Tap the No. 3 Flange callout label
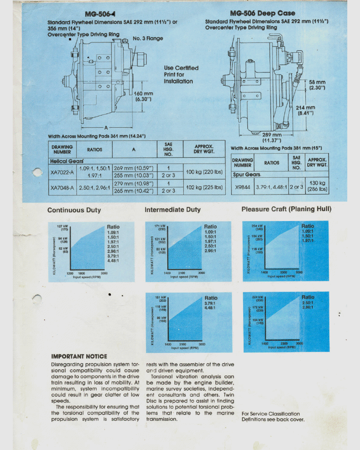(148, 38)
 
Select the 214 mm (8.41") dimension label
(306, 110)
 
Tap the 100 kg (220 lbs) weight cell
(204, 172)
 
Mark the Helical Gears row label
(64, 161)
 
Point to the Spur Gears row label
(246, 174)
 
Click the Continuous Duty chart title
(74, 210)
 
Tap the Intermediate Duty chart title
(172, 210)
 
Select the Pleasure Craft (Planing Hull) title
(286, 209)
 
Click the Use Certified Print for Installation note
(181, 74)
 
